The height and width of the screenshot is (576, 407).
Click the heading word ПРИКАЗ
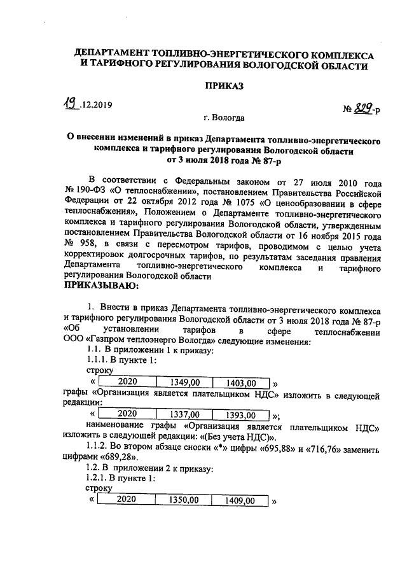[x=223, y=87]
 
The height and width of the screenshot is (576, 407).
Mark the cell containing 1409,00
[x=240, y=501]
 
